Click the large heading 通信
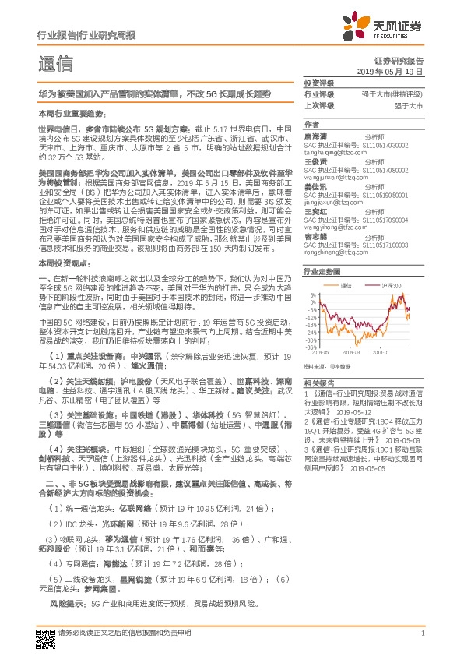[55, 64]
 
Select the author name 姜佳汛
[315, 188]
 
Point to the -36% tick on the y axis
[311, 348]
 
